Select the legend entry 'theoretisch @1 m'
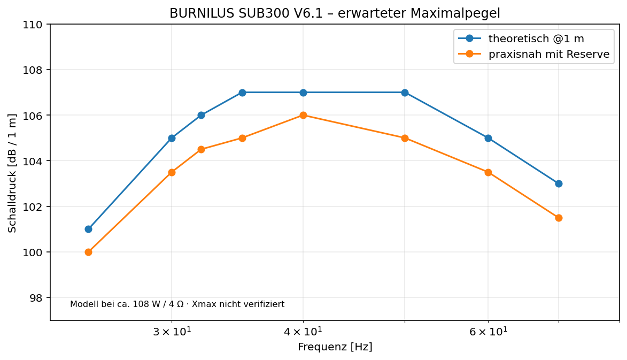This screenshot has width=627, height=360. click(536, 39)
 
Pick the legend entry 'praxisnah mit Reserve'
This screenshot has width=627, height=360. click(549, 54)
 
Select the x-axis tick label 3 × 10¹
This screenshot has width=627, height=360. click(172, 331)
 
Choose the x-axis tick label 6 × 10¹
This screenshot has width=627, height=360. click(488, 331)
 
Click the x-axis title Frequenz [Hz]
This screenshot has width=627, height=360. click(335, 347)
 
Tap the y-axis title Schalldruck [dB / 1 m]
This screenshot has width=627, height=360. click(12, 173)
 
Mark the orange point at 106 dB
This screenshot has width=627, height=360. click(303, 115)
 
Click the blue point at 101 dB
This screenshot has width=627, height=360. click(88, 229)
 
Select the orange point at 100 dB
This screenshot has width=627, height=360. click(88, 252)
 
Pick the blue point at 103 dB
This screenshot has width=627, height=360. click(559, 183)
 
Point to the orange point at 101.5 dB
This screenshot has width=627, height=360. click(559, 218)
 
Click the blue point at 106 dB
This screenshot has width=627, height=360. click(201, 115)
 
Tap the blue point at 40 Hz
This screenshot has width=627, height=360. click(303, 93)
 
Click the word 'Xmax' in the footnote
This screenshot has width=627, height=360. click(202, 304)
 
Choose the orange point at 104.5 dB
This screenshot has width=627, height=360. click(201, 150)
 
